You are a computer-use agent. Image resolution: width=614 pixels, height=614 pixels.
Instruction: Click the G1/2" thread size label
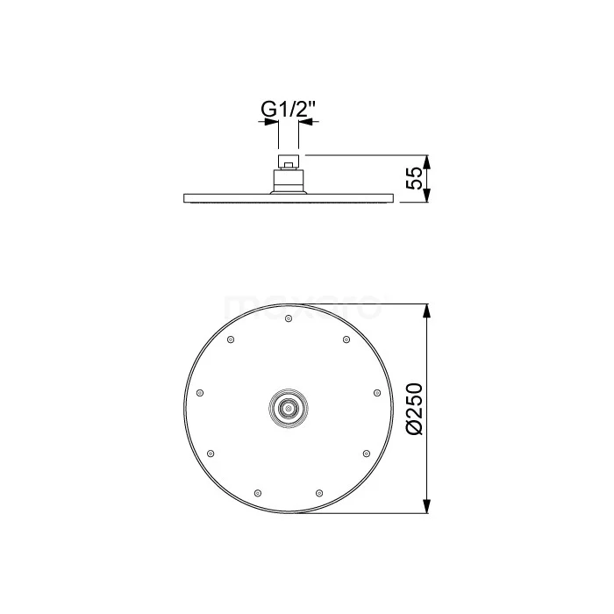click(288, 111)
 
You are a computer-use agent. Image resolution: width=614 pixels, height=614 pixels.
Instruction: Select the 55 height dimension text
click(417, 180)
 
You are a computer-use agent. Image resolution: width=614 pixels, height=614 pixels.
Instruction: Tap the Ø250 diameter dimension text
click(417, 408)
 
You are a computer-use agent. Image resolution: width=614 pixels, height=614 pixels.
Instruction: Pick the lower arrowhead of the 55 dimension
click(427, 196)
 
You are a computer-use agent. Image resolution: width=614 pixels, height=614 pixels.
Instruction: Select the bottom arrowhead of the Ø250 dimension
click(427, 508)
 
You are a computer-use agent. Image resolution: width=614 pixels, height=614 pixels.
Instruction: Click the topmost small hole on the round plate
click(288, 318)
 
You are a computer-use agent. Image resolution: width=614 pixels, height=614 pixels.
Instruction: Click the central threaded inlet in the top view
click(288, 409)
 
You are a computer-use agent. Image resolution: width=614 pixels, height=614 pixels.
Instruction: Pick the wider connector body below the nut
click(289, 181)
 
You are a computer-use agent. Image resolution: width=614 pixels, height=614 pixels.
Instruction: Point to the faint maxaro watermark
click(303, 308)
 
